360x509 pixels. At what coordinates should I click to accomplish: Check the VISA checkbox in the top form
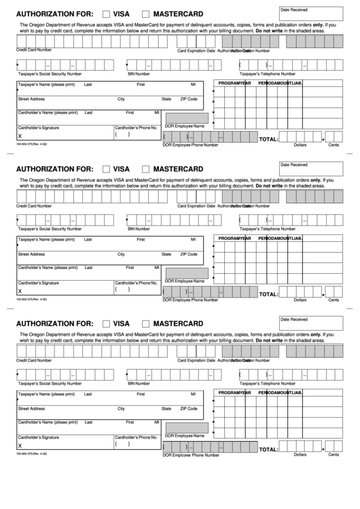pos(106,14)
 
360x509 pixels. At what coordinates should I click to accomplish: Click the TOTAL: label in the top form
pos(268,139)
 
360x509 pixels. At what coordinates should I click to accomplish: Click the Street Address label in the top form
pos(32,99)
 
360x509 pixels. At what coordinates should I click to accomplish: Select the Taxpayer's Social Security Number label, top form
pos(50,72)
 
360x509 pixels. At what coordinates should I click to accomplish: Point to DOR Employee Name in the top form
pos(185,126)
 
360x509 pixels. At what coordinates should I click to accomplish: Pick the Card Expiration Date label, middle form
pos(196,205)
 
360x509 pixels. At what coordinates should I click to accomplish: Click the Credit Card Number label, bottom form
pos(33,359)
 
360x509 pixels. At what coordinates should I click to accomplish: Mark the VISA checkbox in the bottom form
pos(106,323)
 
